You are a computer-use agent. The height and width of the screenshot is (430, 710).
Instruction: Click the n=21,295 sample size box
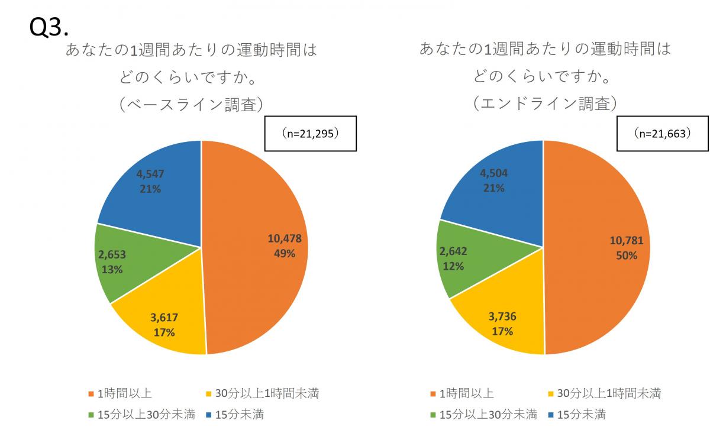310,134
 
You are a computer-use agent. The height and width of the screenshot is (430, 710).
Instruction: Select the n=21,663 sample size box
663,134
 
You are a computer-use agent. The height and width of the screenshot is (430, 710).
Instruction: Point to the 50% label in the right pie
626,256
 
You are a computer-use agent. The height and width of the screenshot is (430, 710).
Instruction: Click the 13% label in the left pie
112,269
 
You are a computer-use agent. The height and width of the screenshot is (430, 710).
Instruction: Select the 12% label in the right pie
453,266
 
